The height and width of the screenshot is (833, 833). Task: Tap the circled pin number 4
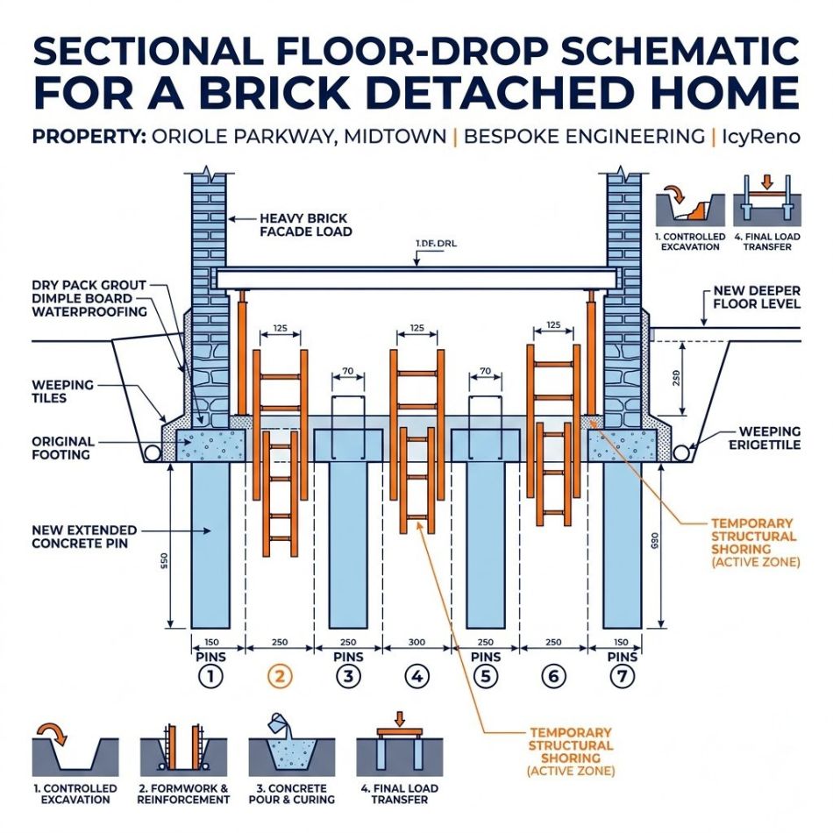(417, 676)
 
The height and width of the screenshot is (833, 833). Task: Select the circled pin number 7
(622, 676)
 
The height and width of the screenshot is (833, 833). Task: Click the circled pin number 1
(210, 676)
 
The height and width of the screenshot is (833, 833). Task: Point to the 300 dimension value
(417, 642)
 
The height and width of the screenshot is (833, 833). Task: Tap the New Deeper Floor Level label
(757, 296)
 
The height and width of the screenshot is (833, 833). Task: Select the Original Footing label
(63, 448)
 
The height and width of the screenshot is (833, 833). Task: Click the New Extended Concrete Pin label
(83, 537)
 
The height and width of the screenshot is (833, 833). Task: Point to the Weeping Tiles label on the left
(62, 392)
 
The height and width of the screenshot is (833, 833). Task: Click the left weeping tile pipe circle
(152, 452)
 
